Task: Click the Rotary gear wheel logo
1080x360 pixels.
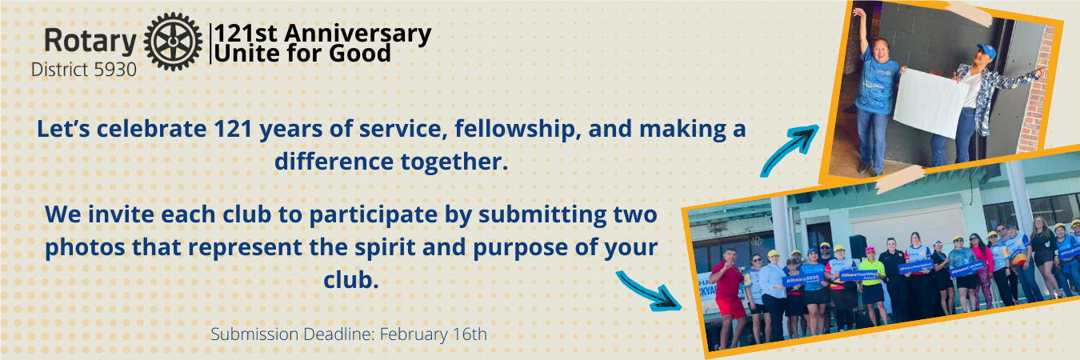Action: (173, 42)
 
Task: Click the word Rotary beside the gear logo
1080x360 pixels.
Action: (90, 42)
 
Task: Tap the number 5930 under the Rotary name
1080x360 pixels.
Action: (115, 70)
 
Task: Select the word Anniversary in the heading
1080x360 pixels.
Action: (358, 34)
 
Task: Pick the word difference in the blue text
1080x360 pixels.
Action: (334, 161)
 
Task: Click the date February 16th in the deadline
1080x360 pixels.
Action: (434, 334)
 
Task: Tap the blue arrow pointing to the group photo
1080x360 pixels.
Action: (649, 290)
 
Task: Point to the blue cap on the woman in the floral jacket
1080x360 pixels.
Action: (986, 50)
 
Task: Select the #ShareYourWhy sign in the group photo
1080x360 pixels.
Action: (859, 274)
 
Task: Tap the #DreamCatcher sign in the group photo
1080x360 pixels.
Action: (967, 268)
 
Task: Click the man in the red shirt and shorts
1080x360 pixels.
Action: (727, 297)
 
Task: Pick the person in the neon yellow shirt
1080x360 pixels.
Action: (873, 285)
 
